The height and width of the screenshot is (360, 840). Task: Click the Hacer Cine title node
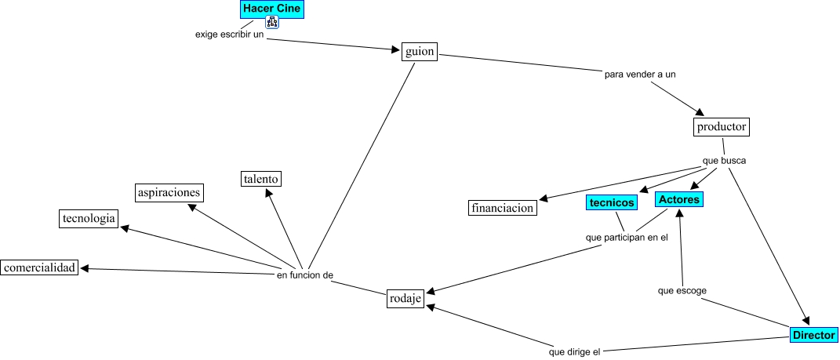[x=272, y=9]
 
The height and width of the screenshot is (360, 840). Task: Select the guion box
[x=420, y=52]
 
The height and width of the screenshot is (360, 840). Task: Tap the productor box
[x=721, y=127]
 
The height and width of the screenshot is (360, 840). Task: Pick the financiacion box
[x=503, y=207]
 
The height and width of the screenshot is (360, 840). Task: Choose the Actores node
[x=678, y=199]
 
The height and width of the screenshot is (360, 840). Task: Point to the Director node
[x=814, y=335]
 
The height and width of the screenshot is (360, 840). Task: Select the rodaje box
[x=405, y=299]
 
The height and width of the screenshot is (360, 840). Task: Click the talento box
[x=261, y=178]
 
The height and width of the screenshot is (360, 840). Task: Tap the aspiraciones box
[x=169, y=192]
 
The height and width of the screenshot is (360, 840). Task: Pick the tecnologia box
[x=89, y=218]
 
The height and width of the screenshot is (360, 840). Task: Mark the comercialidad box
[x=40, y=267]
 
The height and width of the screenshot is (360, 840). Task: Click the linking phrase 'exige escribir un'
[x=230, y=35]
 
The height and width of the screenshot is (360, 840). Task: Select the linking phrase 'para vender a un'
[x=640, y=75]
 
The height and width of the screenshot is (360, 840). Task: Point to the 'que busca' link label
[x=724, y=160]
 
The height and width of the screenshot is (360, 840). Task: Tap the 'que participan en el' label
[x=627, y=238]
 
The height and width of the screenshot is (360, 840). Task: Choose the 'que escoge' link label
[x=682, y=291]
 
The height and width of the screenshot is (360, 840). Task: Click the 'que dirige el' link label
[x=574, y=352]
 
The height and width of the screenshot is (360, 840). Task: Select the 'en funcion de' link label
[x=305, y=275]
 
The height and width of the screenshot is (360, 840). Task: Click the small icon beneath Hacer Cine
[x=272, y=22]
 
